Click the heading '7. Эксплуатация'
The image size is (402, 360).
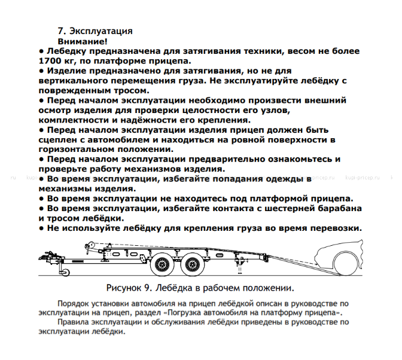point(95,30)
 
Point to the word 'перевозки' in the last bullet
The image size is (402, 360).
point(334,228)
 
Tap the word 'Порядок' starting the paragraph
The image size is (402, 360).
point(74,303)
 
